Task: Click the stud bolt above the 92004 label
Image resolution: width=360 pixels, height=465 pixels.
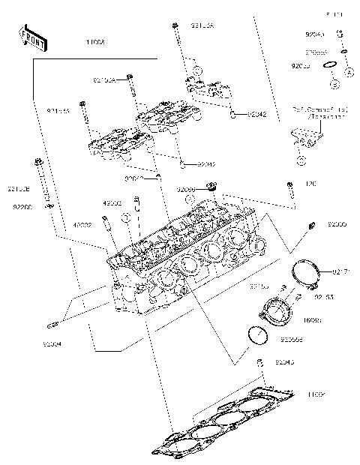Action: pyautogui.click(x=53, y=325)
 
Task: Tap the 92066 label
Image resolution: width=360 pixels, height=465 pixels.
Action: pyautogui.click(x=187, y=190)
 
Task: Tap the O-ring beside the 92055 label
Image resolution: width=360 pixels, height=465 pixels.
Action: pyautogui.click(x=328, y=68)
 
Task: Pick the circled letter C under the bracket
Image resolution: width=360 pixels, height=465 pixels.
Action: pyautogui.click(x=300, y=160)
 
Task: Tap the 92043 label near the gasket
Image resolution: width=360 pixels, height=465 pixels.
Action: pyautogui.click(x=286, y=363)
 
